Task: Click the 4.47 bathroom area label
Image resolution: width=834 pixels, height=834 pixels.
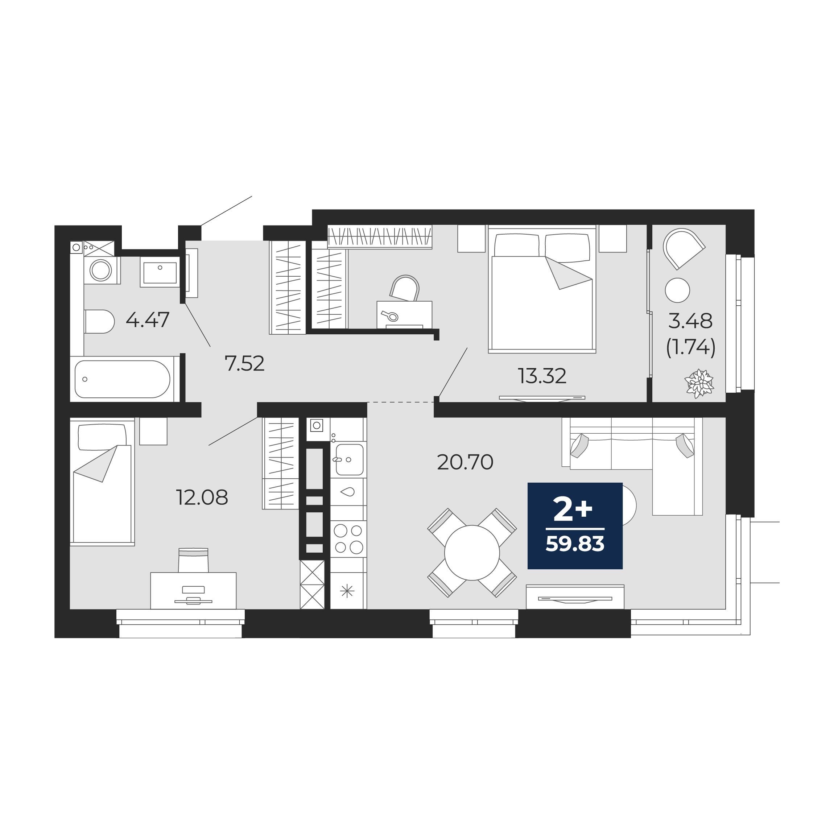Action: pos(148,320)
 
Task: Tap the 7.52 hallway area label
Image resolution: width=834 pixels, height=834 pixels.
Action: pos(244,363)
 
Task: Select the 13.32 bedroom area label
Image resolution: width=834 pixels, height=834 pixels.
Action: pos(542,376)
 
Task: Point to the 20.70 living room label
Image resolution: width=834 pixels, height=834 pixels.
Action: pos(465,462)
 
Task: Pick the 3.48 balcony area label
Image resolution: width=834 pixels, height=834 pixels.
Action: pos(690,321)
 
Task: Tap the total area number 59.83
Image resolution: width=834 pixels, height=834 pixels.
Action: pos(575,544)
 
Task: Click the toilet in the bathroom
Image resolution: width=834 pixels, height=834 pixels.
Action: pos(99,322)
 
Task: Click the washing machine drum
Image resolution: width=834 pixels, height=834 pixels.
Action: pos(100,271)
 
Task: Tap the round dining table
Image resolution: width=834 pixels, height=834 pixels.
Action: pos(472,553)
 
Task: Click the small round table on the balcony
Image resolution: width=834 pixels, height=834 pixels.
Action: pos(677,290)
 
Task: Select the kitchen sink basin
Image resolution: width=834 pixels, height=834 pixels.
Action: pos(349,460)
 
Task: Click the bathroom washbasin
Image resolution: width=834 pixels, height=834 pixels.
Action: pos(160,272)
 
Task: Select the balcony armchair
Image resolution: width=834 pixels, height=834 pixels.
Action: pos(684,249)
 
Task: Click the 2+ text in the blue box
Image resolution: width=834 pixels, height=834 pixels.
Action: pos(573,510)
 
